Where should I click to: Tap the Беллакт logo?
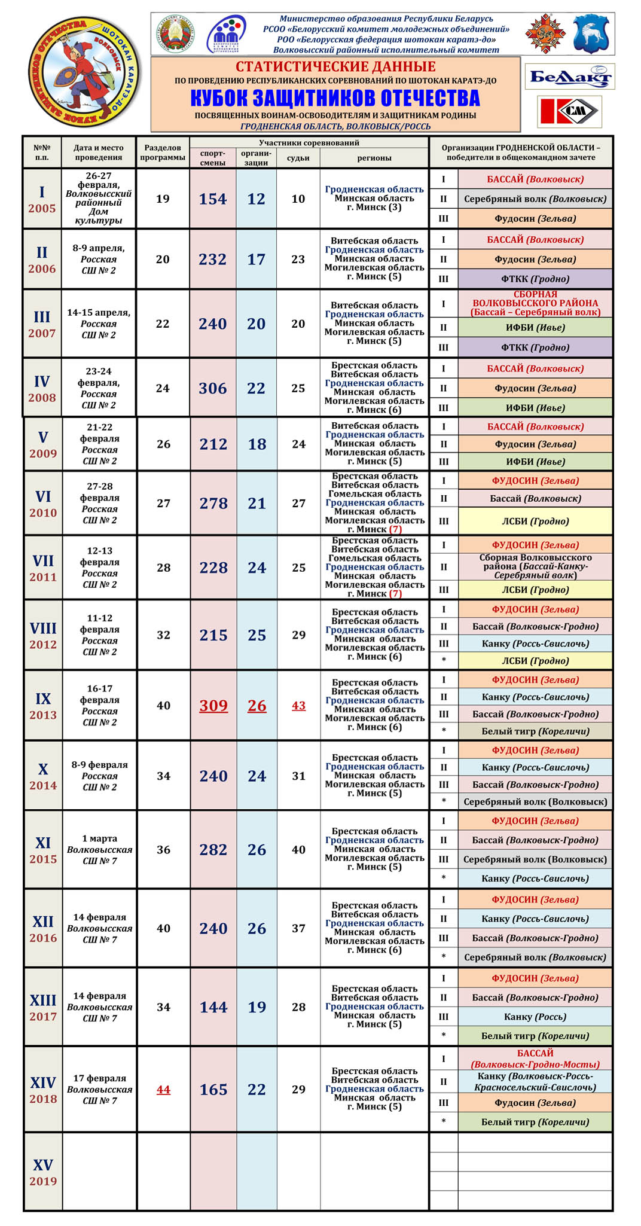569,77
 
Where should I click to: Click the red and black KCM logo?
569,111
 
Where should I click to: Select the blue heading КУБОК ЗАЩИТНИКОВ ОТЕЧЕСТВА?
335,98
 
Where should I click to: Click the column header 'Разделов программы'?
163,153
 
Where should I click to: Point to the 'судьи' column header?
298,158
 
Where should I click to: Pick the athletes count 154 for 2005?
213,199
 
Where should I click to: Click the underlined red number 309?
213,706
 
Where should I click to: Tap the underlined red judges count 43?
298,706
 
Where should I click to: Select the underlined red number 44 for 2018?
163,1090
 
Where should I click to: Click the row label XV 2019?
43,1172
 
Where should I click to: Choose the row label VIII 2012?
43,635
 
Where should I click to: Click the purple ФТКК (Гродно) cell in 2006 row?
535,279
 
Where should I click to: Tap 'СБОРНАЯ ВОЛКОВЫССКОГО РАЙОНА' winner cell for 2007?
535,303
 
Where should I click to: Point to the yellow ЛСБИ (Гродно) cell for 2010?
535,521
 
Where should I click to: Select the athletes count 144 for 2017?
213,1007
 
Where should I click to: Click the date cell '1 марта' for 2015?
100,849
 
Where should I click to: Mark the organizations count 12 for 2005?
256,199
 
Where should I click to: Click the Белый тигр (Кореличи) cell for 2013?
535,731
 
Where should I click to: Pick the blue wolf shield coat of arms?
590,35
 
